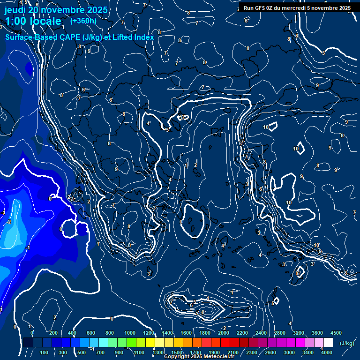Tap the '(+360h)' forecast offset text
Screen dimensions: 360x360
pyautogui.click(x=83, y=21)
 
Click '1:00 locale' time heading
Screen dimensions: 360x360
pyautogui.click(x=33, y=21)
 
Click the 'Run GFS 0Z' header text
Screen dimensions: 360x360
pyautogui.click(x=260, y=8)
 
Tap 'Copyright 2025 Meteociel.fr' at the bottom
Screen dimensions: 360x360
pyautogui.click(x=199, y=357)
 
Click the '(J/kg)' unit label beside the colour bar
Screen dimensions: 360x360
pyautogui.click(x=346, y=344)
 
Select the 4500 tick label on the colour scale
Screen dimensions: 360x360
pyautogui.click(x=336, y=333)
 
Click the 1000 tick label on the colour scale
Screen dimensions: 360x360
pyautogui.click(x=129, y=333)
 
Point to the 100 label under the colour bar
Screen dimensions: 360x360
pyautogui.click(x=44, y=352)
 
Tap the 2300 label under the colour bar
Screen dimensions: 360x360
pyautogui.click(x=252, y=352)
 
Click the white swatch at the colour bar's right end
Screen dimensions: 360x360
pyautogui.click(x=328, y=343)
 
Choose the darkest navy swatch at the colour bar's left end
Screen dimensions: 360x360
pyautogui.click(x=28, y=343)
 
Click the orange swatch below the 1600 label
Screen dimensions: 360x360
pyautogui.click(x=187, y=343)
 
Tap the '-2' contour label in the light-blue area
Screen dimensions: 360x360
pyautogui.click(x=9, y=222)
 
